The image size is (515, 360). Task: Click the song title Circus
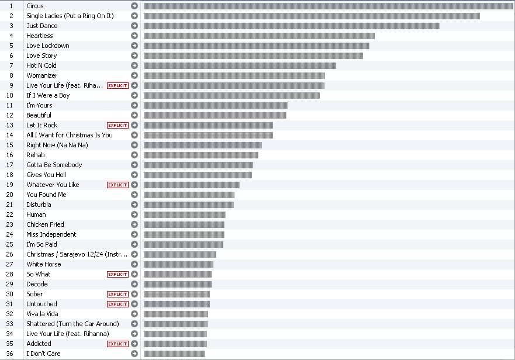(x=35, y=6)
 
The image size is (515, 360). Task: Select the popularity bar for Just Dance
(x=291, y=26)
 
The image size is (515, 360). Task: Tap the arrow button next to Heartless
(x=134, y=36)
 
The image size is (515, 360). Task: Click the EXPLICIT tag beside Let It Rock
(x=117, y=125)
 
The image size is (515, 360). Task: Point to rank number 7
(x=11, y=65)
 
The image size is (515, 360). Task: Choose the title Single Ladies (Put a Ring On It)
(x=70, y=16)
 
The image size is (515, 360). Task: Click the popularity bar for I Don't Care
(x=174, y=354)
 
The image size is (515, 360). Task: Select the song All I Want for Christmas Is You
(x=70, y=135)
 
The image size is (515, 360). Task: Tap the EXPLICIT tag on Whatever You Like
(x=117, y=185)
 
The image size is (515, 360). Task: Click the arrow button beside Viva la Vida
(x=134, y=314)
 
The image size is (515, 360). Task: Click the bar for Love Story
(x=253, y=56)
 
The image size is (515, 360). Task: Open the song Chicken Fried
(x=45, y=224)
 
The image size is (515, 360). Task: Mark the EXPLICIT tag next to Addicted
(x=117, y=344)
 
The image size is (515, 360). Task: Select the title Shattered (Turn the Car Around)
(x=72, y=324)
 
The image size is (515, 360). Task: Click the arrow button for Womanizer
(x=134, y=75)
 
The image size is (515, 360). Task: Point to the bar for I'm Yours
(x=215, y=105)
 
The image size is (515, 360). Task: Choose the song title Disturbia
(x=39, y=205)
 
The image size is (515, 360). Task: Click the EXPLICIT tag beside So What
(x=117, y=274)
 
